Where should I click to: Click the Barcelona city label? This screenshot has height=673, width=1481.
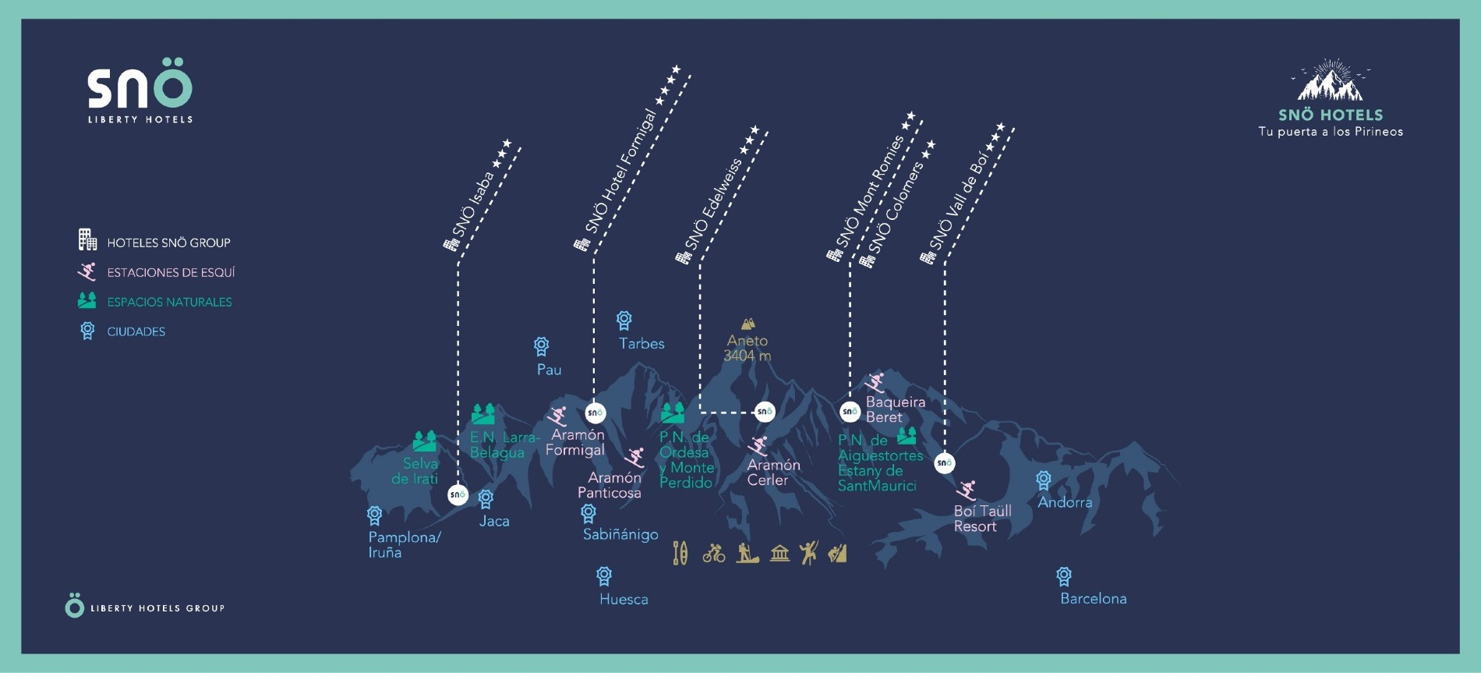click(1093, 599)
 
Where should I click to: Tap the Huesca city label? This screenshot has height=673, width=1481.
click(624, 600)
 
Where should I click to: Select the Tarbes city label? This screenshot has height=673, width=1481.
click(642, 344)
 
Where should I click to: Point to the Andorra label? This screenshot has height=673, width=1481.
click(1065, 502)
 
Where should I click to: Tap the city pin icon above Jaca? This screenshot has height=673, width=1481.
click(486, 499)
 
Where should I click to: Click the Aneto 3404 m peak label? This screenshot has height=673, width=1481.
click(748, 348)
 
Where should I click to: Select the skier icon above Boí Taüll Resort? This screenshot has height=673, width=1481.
click(967, 491)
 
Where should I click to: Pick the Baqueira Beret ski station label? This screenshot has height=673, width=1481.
click(896, 409)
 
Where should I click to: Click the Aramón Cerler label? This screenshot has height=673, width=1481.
click(773, 473)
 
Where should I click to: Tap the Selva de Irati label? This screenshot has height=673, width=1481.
click(415, 471)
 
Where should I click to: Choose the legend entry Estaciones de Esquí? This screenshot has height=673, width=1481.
click(171, 272)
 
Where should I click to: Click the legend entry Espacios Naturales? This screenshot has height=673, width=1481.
click(169, 302)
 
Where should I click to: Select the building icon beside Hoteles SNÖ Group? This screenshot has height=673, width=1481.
click(87, 239)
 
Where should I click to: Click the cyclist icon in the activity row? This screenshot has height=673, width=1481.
click(714, 554)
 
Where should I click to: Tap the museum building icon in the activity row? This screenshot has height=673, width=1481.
click(779, 554)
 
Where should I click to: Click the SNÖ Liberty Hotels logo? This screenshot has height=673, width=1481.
click(140, 90)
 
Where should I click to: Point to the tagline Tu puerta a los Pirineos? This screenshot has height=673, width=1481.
click(1331, 132)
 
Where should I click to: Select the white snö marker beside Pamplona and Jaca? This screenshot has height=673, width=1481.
click(458, 494)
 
